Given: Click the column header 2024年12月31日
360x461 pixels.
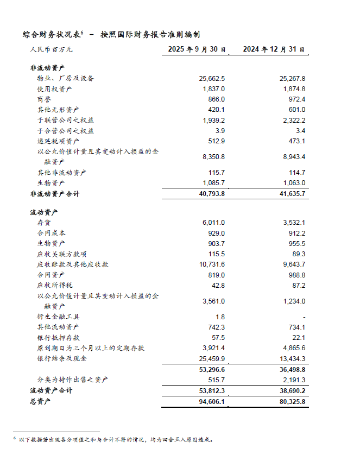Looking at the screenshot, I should click(274, 49).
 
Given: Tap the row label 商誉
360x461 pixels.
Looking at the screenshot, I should click(43, 99).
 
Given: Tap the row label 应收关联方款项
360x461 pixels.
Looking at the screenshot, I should click(62, 254).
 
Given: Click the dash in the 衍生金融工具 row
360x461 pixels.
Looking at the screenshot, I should click(304, 317).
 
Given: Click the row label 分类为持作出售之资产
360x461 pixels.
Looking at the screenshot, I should click(72, 380).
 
